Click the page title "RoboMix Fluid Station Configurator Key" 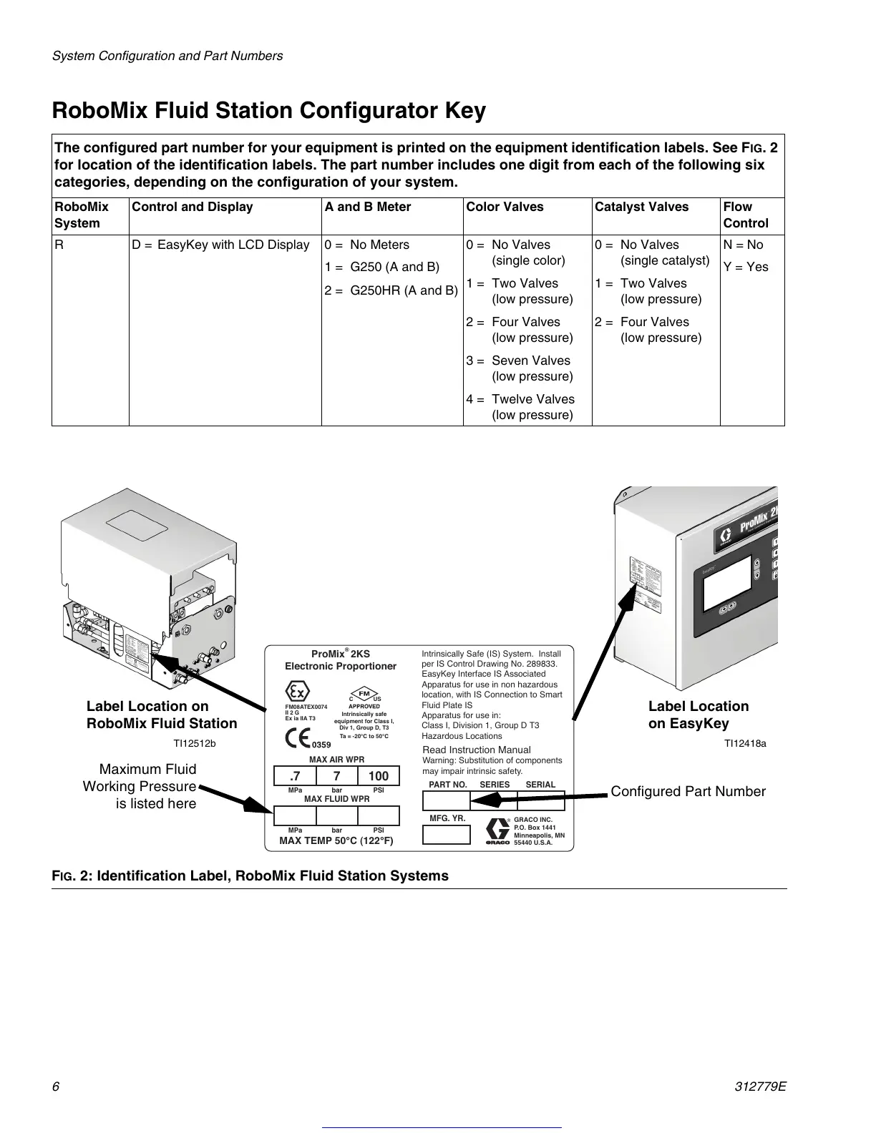(269, 112)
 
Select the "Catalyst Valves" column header (641, 207)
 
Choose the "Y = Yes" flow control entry (745, 267)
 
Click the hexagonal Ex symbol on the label (297, 692)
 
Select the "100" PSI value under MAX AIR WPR (378, 776)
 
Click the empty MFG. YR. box (447, 835)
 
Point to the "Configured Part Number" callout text (688, 791)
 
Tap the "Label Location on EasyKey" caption (698, 715)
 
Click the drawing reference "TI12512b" (194, 743)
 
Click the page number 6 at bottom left (55, 1087)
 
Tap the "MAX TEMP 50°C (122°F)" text (336, 840)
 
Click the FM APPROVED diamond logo (364, 694)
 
